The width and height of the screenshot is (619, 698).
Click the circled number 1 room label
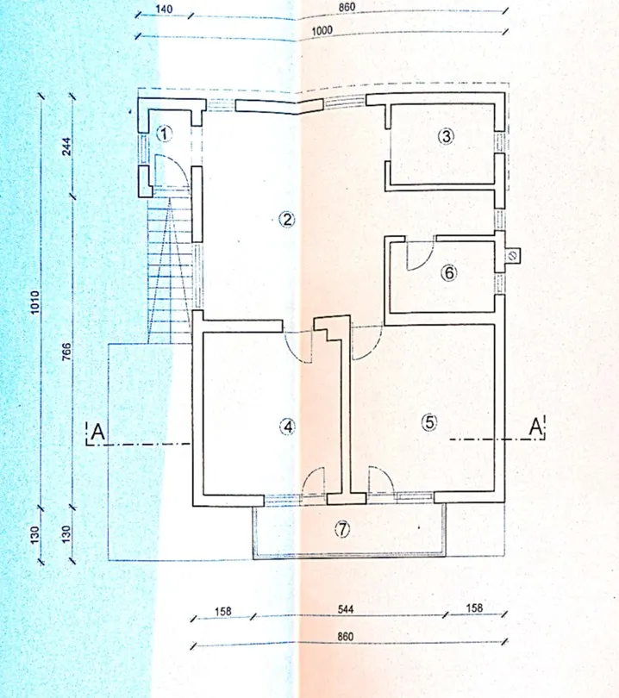pyautogui.click(x=165, y=134)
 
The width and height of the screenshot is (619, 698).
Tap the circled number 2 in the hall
pyautogui.click(x=287, y=219)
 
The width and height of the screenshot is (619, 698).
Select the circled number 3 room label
pyautogui.click(x=447, y=136)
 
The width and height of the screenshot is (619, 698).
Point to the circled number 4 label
pyautogui.click(x=288, y=427)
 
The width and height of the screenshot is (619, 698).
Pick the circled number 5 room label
pyautogui.click(x=429, y=422)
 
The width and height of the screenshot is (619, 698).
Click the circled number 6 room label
pyautogui.click(x=449, y=272)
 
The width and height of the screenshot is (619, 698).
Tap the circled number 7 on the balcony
pyautogui.click(x=342, y=529)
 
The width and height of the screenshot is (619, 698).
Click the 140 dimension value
pyautogui.click(x=164, y=9)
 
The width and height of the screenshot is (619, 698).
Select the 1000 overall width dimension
pyautogui.click(x=322, y=31)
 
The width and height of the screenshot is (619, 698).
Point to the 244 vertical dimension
pyautogui.click(x=66, y=146)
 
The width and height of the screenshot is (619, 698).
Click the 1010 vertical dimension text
pyautogui.click(x=34, y=302)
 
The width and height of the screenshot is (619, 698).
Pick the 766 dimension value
pyautogui.click(x=66, y=352)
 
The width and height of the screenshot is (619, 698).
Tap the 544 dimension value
pyautogui.click(x=346, y=609)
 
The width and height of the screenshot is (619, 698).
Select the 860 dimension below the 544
pyautogui.click(x=346, y=637)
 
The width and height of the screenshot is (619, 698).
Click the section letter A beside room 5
pyautogui.click(x=535, y=427)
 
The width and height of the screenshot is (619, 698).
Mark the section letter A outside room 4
pyautogui.click(x=97, y=433)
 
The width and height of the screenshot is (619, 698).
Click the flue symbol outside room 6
pyautogui.click(x=512, y=256)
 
